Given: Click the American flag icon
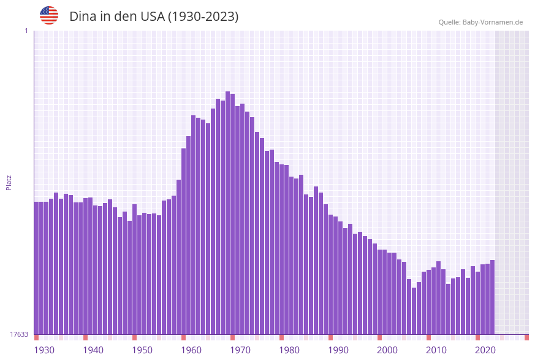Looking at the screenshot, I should (x=49, y=15).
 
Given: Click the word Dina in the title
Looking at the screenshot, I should (x=82, y=17).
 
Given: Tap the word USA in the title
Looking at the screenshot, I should (x=151, y=17).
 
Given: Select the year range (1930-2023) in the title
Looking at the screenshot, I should (x=203, y=17).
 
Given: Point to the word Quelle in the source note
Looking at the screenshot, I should (x=449, y=22).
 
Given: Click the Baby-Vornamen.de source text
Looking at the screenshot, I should (x=493, y=22).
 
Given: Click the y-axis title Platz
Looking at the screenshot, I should (x=9, y=182).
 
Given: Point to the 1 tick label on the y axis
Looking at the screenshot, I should (x=26, y=31).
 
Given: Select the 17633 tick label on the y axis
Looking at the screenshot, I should (x=20, y=334).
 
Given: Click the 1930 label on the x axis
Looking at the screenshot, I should (x=44, y=350).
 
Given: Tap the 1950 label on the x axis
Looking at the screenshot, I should (x=142, y=350).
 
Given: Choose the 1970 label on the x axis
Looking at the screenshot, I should (x=240, y=350).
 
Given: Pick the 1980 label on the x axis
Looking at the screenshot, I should (x=289, y=350).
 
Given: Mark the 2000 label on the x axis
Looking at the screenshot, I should (x=387, y=350).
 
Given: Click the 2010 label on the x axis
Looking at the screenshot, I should (x=436, y=350).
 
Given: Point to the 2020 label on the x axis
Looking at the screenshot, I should (x=485, y=350).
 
